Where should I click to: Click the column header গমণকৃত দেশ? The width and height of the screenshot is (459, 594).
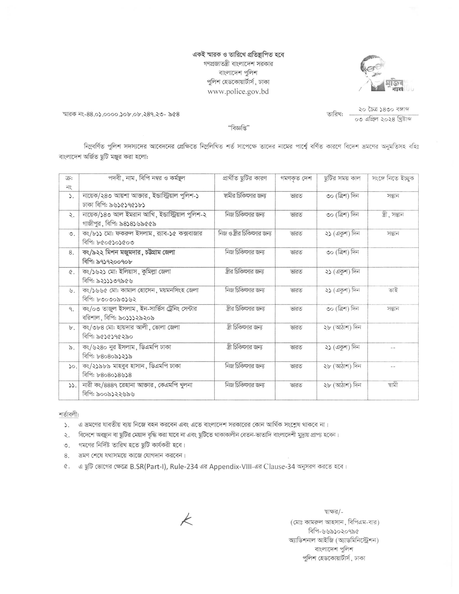(296, 178)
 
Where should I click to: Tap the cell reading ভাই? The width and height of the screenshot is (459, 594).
(393, 290)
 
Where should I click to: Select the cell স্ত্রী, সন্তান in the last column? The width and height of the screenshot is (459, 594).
(393, 215)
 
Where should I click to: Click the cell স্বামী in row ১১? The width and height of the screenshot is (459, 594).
(393, 385)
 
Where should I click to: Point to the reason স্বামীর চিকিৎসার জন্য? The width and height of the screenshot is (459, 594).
(245, 196)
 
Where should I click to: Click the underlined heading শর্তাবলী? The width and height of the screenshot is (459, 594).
(69, 415)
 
